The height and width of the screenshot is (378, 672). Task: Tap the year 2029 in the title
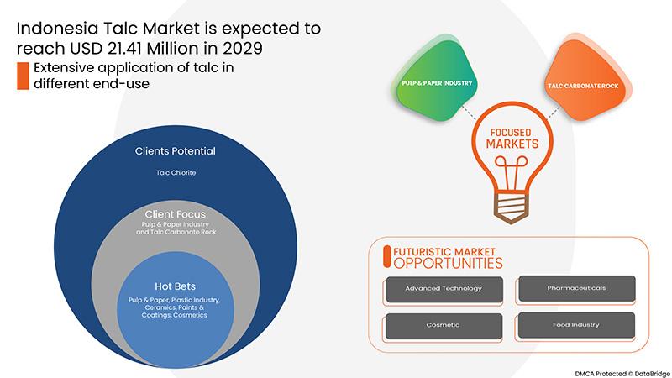click(242, 48)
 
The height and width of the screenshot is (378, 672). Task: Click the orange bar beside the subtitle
click(23, 76)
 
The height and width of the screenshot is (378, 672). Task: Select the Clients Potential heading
click(176, 151)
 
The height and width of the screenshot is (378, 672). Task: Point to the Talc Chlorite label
click(176, 173)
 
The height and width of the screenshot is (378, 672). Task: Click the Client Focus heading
click(176, 214)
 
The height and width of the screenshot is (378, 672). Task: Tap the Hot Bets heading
click(175, 286)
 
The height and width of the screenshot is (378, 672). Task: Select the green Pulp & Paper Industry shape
click(435, 81)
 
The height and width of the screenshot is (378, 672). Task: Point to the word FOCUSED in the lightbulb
click(511, 133)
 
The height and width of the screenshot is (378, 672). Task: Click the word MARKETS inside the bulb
click(512, 144)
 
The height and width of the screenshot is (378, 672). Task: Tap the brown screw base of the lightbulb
click(511, 208)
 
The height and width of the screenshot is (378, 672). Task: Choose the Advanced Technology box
click(444, 289)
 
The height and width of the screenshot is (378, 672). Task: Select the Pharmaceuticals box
click(576, 288)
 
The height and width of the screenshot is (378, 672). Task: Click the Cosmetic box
click(444, 326)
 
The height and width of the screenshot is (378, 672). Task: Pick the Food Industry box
click(576, 325)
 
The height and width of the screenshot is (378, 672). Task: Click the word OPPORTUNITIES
click(448, 263)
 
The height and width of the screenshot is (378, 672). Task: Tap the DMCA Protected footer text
click(622, 374)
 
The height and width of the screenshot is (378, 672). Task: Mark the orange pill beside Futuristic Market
click(387, 257)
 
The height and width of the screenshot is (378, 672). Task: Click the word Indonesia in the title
click(57, 29)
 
